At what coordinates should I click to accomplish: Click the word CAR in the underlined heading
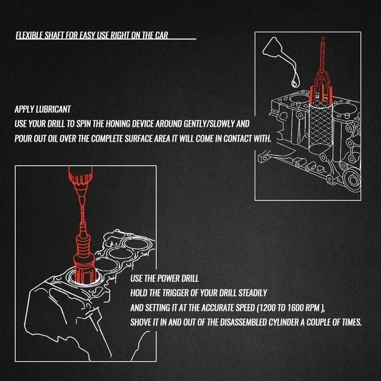(x=161, y=35)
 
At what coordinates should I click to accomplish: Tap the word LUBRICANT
(x=53, y=110)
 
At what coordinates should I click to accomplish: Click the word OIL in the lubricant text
(x=53, y=139)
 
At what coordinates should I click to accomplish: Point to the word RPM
(x=312, y=308)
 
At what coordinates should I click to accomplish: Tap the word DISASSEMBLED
(x=243, y=322)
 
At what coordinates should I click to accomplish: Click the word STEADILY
(x=253, y=293)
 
